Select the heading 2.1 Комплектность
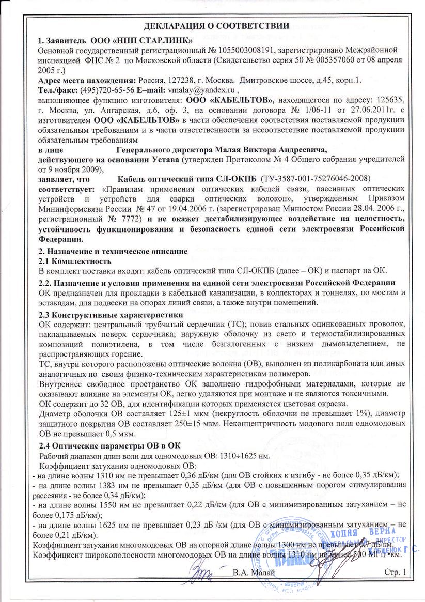(71, 261)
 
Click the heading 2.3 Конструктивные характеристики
(111, 314)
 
